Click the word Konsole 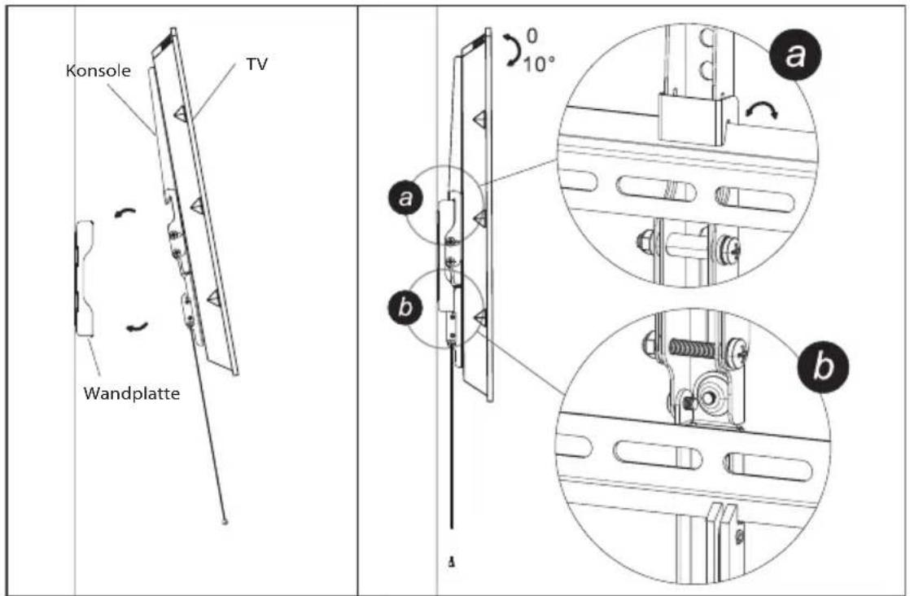[x=98, y=70]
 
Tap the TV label [x=256, y=64]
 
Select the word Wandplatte [x=132, y=393]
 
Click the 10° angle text [x=539, y=64]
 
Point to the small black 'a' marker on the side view [x=405, y=198]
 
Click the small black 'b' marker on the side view [x=405, y=306]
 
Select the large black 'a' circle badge [x=794, y=55]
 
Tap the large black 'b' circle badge [x=822, y=366]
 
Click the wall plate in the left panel [x=84, y=278]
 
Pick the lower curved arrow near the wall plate [x=138, y=327]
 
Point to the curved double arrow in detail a [x=762, y=109]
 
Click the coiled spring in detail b [x=691, y=348]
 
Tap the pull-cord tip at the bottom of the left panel [x=225, y=522]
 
